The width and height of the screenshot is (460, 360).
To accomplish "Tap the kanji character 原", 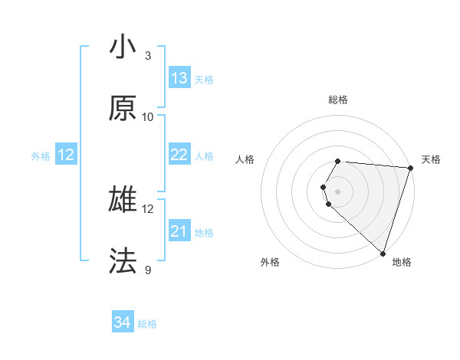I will click(x=123, y=109).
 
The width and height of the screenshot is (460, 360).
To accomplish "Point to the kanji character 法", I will click(x=123, y=261).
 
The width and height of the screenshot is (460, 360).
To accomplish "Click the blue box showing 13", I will click(x=179, y=78).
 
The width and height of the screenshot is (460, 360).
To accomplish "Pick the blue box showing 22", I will click(x=179, y=155).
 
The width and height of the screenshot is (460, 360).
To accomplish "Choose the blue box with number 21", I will click(x=179, y=231).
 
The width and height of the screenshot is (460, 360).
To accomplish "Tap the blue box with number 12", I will click(x=66, y=155).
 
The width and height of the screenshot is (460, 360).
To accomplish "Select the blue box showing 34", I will click(x=123, y=323).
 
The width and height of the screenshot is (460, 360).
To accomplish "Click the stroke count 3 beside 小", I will click(x=148, y=56).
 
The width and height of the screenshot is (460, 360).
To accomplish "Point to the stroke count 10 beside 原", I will click(x=148, y=117).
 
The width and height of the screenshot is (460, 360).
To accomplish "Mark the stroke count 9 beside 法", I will click(x=148, y=270).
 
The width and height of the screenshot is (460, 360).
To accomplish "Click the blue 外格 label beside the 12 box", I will click(x=41, y=156).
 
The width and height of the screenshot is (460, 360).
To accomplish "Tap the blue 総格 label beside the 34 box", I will click(x=147, y=325).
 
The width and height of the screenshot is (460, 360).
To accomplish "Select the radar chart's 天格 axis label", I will click(x=431, y=159).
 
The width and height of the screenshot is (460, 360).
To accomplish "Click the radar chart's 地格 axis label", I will click(x=402, y=262).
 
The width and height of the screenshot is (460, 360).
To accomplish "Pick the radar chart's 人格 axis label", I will click(x=245, y=159).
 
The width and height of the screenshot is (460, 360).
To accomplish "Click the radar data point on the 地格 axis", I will click(x=383, y=254).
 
